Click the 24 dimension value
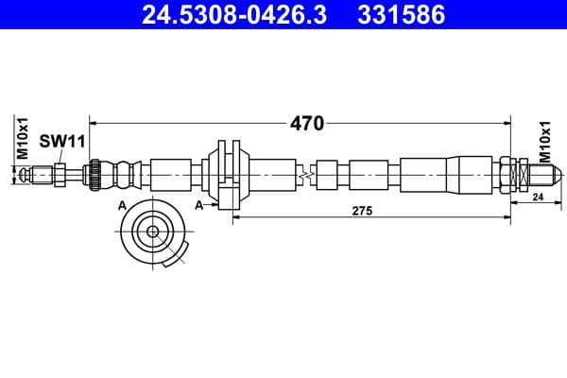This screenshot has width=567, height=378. click(x=537, y=198)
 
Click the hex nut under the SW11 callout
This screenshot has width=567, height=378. click(x=59, y=174)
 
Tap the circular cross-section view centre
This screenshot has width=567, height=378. click(x=151, y=230)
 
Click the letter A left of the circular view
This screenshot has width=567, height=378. click(x=122, y=205)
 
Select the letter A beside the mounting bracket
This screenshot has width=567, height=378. click(x=199, y=205)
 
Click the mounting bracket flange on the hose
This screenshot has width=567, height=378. click(x=227, y=173)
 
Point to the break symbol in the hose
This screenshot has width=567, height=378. click(x=304, y=175)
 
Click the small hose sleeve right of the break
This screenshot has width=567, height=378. click(x=327, y=175)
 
